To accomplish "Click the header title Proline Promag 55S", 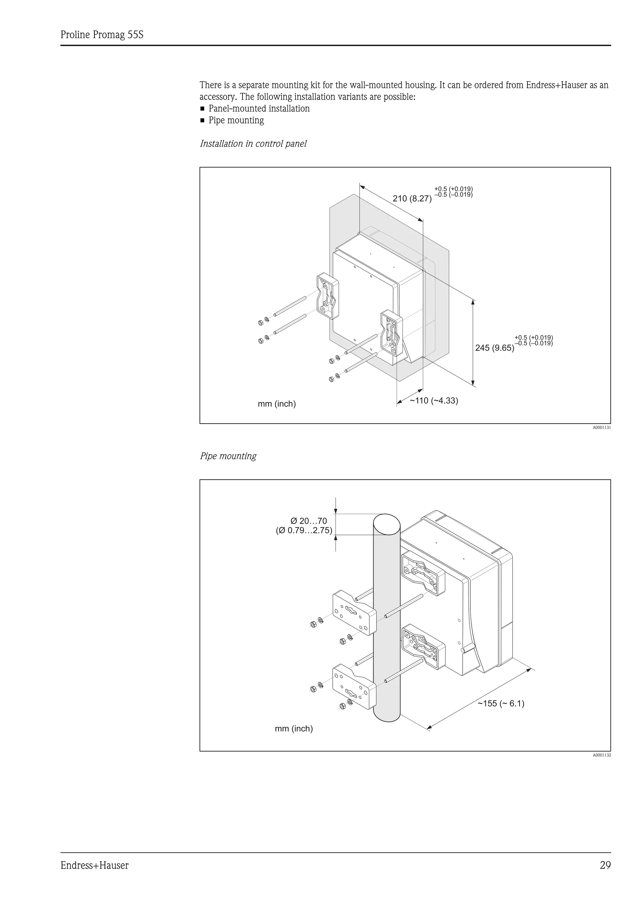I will (102, 35).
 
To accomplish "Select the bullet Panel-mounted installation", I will (259, 109).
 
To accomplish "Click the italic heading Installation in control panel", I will (253, 144).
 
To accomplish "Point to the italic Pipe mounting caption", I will (228, 456).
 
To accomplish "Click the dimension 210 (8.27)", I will (412, 199).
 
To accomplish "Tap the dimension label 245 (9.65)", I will (495, 348).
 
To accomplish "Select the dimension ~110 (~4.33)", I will (433, 400).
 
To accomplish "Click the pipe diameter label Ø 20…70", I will (308, 521).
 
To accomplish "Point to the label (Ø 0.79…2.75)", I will (304, 531).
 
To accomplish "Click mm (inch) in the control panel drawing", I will (277, 404).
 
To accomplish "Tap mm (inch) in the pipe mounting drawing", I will (294, 729).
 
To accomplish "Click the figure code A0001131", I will (601, 428).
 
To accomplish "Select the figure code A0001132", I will (601, 755).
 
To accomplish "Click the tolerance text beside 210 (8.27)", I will (453, 191).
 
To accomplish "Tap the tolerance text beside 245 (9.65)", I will (533, 340).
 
